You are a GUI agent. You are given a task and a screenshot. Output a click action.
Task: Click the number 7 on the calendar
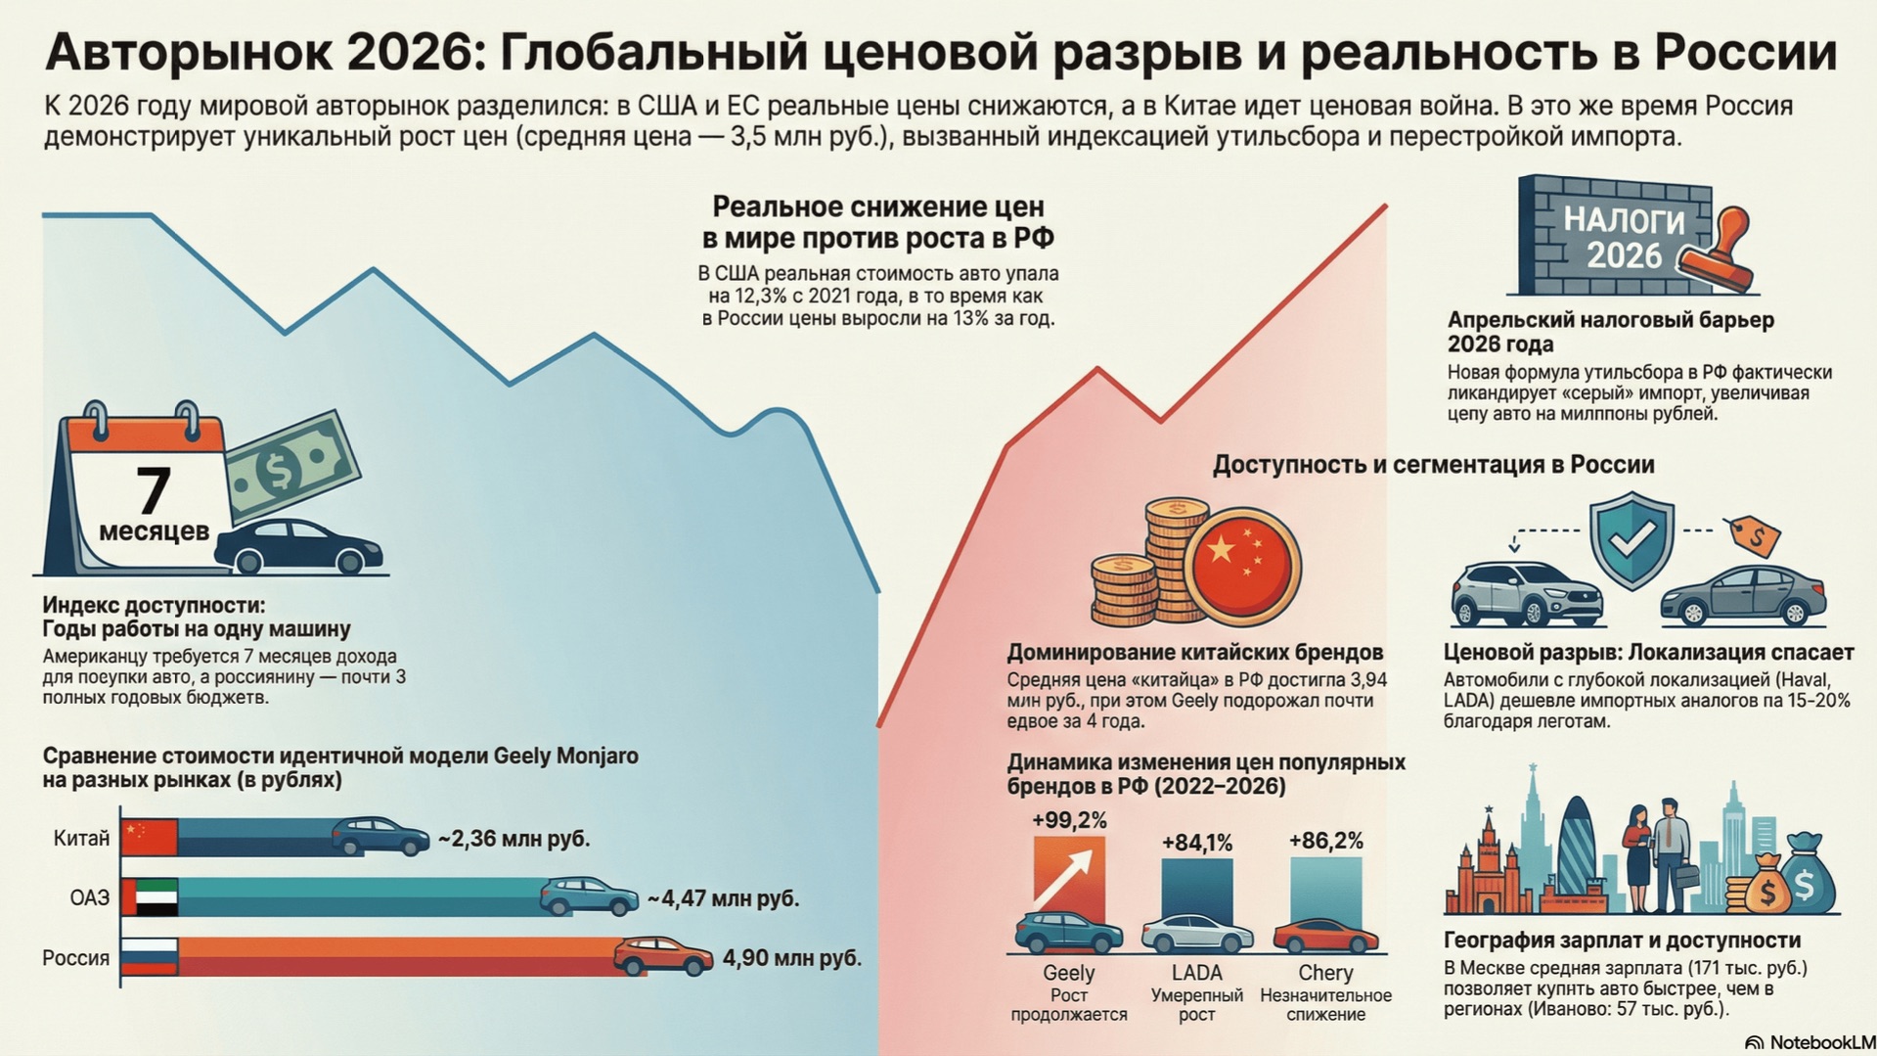[x=153, y=490]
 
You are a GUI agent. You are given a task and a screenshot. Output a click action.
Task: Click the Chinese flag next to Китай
[x=150, y=838]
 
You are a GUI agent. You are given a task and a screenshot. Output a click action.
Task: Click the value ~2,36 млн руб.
[x=514, y=839]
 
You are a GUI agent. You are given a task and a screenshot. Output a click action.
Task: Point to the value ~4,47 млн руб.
[x=723, y=898]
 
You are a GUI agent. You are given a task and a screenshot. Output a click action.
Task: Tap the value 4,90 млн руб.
[x=791, y=958]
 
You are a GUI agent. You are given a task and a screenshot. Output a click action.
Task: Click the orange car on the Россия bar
[x=663, y=956]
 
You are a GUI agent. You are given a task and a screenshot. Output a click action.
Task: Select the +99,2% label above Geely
[x=1069, y=820]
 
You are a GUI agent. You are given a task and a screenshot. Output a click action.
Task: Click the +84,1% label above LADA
[x=1196, y=843]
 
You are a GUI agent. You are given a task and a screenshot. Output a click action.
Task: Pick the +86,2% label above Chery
[x=1325, y=841]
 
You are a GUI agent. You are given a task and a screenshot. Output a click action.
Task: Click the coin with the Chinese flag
[x=1241, y=565]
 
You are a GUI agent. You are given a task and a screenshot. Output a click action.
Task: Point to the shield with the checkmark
[x=1631, y=538]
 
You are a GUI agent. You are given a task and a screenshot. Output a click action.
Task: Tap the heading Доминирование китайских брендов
[x=1194, y=652]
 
